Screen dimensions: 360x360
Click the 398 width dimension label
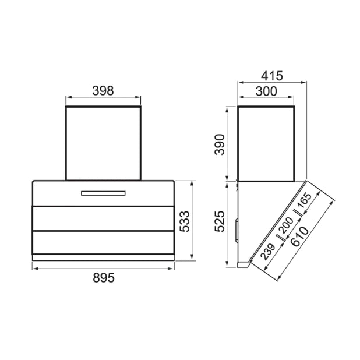coord(103,90)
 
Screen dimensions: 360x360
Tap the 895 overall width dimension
coord(103,278)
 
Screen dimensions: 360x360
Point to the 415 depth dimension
coord(271,76)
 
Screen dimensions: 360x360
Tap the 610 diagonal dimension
coord(301,239)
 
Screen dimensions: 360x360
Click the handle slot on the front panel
coord(103,193)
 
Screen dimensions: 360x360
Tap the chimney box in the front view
coord(103,143)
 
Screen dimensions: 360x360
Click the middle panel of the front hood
coord(103,218)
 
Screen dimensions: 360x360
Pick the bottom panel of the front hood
coord(103,242)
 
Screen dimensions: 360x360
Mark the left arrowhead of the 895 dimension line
coord(34,268)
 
